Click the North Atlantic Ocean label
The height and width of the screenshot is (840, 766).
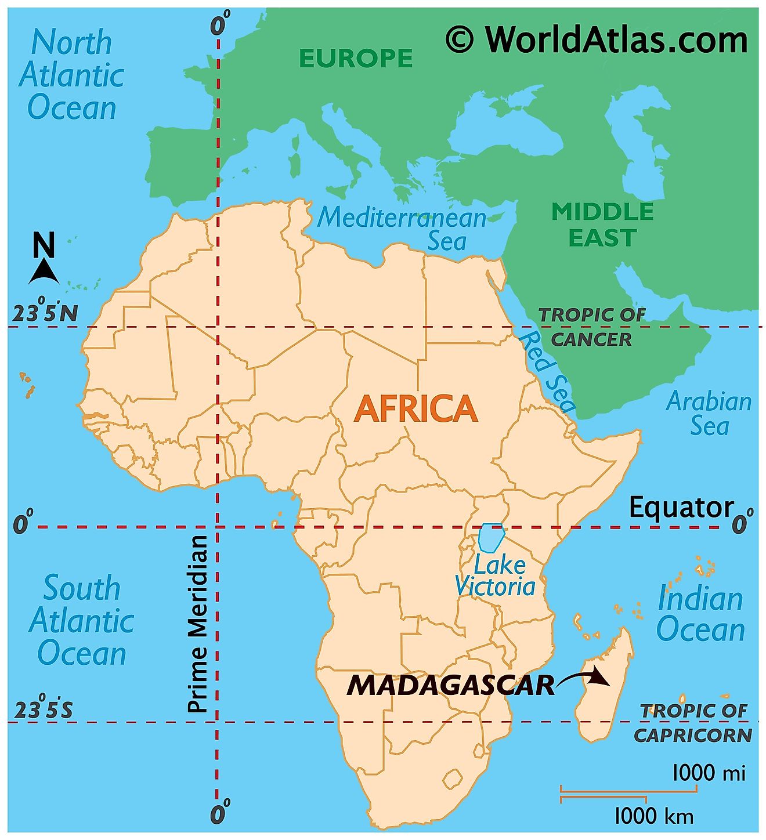tap(71, 75)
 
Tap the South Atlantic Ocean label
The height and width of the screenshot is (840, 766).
tap(82, 620)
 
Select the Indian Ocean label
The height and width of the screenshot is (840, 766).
tap(700, 614)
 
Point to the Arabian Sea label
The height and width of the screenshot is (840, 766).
tap(709, 413)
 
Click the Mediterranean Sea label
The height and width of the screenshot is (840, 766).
tap(403, 227)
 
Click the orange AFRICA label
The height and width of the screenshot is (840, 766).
tap(415, 408)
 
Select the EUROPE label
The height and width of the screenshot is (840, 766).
tap(356, 58)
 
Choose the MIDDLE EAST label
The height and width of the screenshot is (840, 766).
tap(602, 225)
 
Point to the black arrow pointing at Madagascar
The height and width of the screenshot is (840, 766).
tap(583, 679)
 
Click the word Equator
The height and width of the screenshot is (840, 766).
tap(681, 508)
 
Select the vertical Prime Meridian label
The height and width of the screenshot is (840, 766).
tap(198, 624)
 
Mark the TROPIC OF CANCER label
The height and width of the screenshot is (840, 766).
tap(591, 327)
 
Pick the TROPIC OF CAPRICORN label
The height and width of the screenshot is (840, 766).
tap(693, 723)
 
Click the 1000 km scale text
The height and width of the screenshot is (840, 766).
tap(653, 816)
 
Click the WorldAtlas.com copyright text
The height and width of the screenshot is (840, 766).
tap(597, 41)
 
